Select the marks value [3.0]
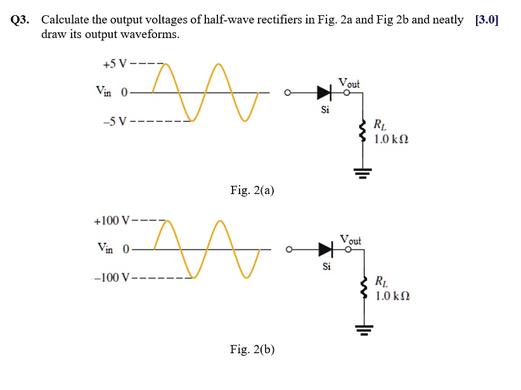click(x=486, y=20)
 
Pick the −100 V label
click(x=110, y=278)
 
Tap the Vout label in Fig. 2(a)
click(x=349, y=83)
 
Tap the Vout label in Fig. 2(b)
click(x=350, y=240)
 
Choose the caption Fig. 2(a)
click(x=252, y=190)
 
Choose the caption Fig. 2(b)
click(x=252, y=349)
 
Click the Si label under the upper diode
click(x=325, y=110)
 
